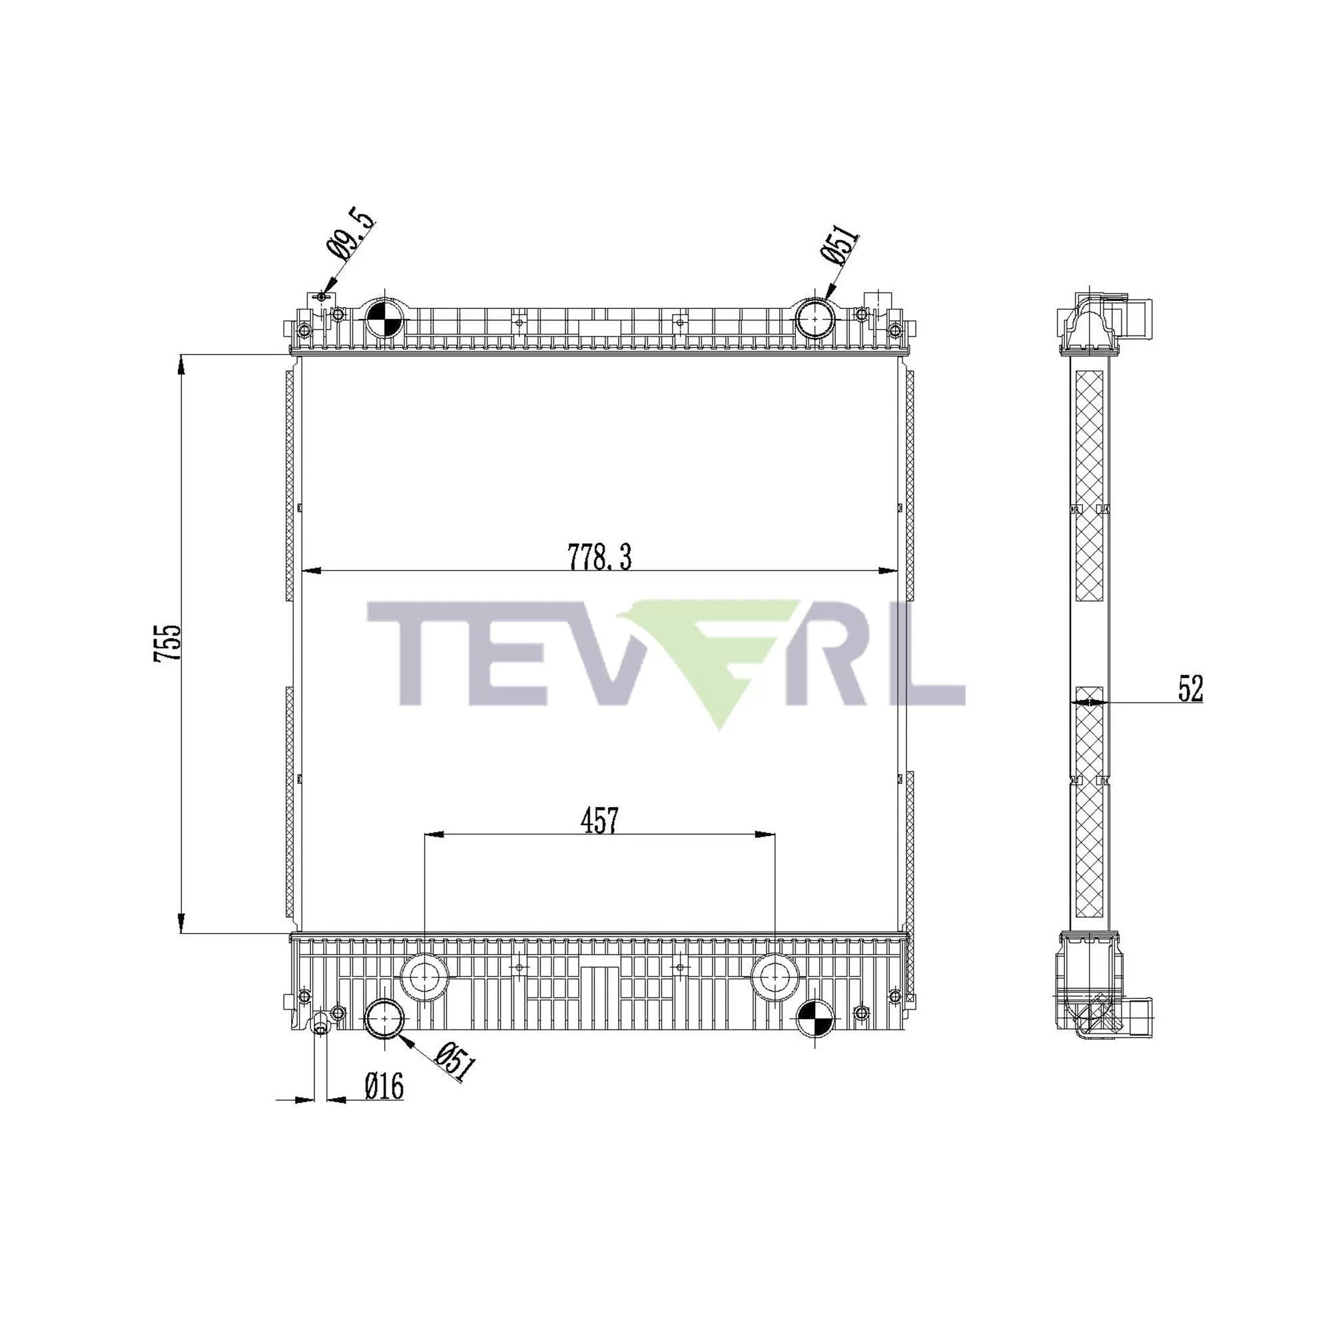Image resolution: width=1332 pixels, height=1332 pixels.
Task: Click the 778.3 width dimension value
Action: (x=599, y=557)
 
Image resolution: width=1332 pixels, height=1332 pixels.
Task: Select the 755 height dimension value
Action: (x=168, y=643)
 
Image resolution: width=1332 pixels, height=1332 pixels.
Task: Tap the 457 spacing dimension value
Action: (x=599, y=821)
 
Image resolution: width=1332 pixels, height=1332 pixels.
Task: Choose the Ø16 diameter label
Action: (x=384, y=1088)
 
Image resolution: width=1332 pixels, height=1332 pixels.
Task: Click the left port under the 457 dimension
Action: (x=424, y=977)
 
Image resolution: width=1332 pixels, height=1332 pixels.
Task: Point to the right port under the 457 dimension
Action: (x=775, y=977)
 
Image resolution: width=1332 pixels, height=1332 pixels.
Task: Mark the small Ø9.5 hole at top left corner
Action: (x=321, y=296)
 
